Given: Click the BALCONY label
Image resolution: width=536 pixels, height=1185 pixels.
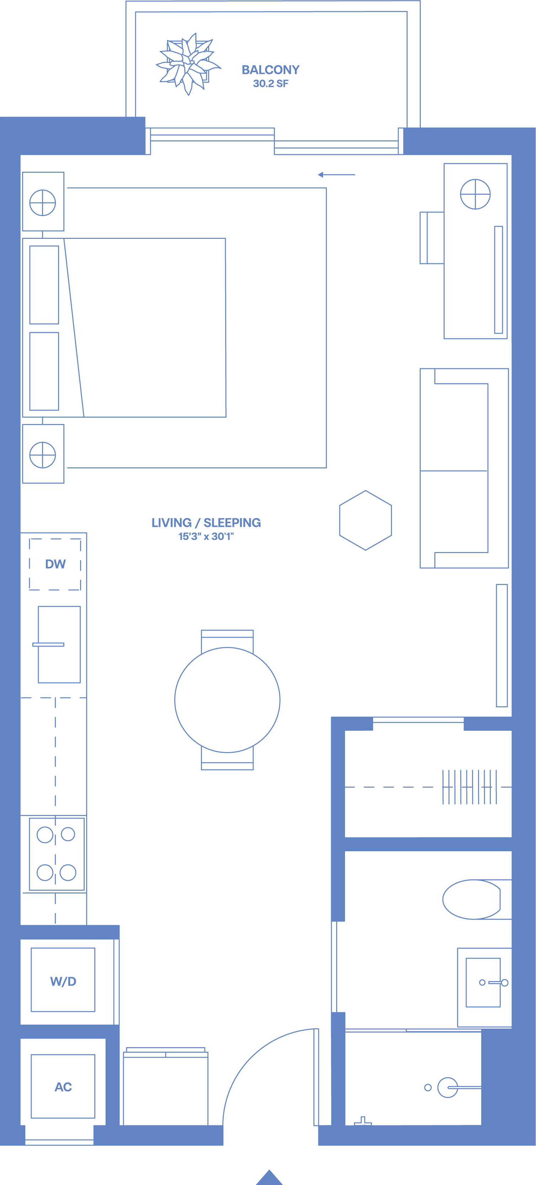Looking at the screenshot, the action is (x=270, y=70).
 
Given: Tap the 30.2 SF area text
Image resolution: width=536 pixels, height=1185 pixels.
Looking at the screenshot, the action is (x=270, y=84).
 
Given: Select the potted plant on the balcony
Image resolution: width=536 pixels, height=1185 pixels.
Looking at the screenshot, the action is (x=187, y=64).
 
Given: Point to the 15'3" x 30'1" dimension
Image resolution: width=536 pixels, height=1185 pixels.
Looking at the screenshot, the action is (x=206, y=536).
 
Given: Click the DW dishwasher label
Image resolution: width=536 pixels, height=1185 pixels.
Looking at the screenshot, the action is (x=55, y=564).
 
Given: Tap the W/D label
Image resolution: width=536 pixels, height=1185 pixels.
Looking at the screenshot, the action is (x=63, y=981).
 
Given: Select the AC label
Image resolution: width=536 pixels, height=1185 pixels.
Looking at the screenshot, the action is (x=63, y=1087).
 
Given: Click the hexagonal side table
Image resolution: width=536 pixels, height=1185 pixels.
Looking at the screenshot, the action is (x=365, y=520).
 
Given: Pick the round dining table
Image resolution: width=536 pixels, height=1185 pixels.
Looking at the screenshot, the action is (x=227, y=700).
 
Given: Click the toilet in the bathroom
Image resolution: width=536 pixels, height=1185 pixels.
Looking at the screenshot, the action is (x=477, y=899).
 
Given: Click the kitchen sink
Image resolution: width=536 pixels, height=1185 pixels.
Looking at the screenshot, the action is (x=59, y=644).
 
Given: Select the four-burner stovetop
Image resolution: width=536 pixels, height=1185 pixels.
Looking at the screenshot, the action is (x=57, y=854).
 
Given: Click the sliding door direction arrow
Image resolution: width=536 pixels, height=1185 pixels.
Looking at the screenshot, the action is (x=336, y=175).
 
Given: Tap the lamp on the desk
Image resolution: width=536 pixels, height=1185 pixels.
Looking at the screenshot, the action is (x=475, y=194).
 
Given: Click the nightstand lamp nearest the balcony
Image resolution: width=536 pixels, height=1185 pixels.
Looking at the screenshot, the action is (x=42, y=202).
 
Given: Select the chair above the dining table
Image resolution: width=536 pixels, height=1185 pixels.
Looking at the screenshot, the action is (x=227, y=641).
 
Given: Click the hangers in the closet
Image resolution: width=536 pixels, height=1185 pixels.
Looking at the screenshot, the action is (x=470, y=787).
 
